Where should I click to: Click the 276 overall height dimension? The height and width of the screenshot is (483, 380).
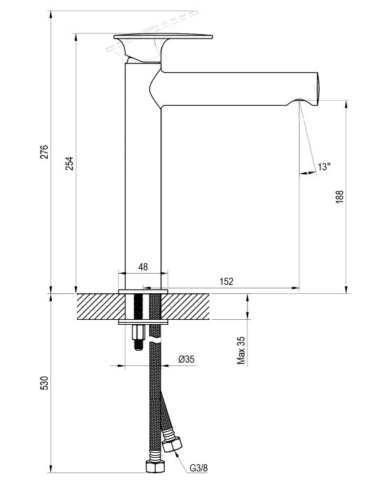45,152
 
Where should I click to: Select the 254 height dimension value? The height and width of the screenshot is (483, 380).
69,164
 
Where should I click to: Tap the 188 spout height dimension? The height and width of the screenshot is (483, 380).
339,197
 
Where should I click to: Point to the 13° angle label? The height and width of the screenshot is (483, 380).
324,167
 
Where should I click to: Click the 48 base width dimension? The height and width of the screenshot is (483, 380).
143,267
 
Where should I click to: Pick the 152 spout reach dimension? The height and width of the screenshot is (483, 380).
226,281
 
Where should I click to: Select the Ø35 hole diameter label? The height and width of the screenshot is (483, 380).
186,359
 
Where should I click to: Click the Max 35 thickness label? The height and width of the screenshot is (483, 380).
241,351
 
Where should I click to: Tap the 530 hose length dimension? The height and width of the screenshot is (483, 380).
45,383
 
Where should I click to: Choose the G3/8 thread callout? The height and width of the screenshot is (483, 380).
198,468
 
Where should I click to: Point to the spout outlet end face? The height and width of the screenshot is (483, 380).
318,87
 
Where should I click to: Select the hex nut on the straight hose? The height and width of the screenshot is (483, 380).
155,467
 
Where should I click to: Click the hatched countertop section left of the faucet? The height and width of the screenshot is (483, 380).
101,307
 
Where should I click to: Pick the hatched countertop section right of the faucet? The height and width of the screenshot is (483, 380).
186,307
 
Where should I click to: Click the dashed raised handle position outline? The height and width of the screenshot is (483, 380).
151,31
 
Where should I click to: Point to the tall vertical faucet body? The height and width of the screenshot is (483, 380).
143,176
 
